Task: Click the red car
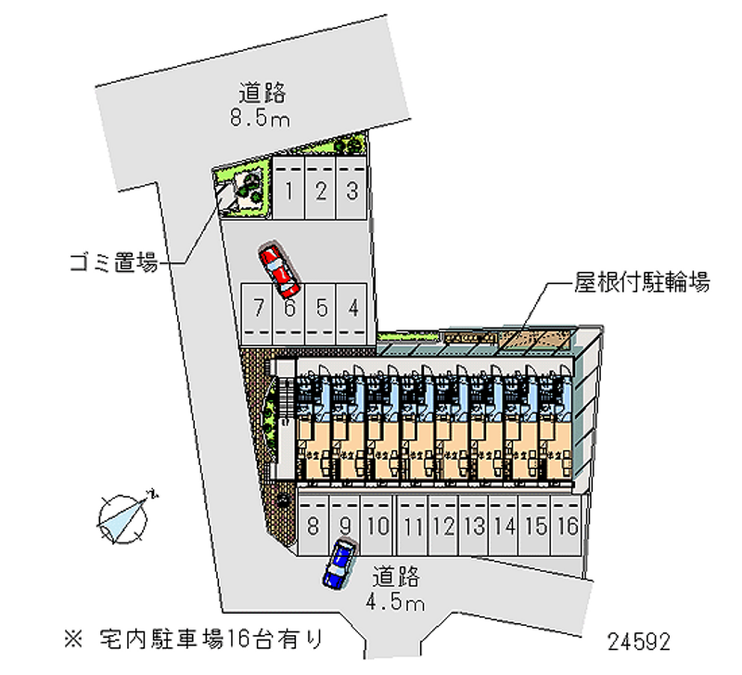pyautogui.click(x=279, y=271)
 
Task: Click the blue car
pyautogui.click(x=339, y=565)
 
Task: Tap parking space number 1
pyautogui.click(x=288, y=188)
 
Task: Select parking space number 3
pyautogui.click(x=352, y=188)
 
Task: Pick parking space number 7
pyautogui.click(x=257, y=314)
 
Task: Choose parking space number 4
pyautogui.click(x=352, y=314)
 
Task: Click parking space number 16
pyautogui.click(x=566, y=526)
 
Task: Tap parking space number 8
pyautogui.click(x=313, y=526)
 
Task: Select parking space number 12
pyautogui.click(x=443, y=526)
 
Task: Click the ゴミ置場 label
pyautogui.click(x=113, y=263)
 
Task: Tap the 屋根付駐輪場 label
pyautogui.click(x=642, y=282)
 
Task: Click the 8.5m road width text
pyautogui.click(x=260, y=117)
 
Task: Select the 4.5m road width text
pyautogui.click(x=395, y=602)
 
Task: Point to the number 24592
pyautogui.click(x=639, y=643)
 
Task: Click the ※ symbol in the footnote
pyautogui.click(x=73, y=640)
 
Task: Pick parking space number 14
pyautogui.click(x=505, y=526)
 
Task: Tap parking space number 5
pyautogui.click(x=321, y=314)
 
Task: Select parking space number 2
pyautogui.click(x=320, y=188)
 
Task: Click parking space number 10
pyautogui.click(x=377, y=526)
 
